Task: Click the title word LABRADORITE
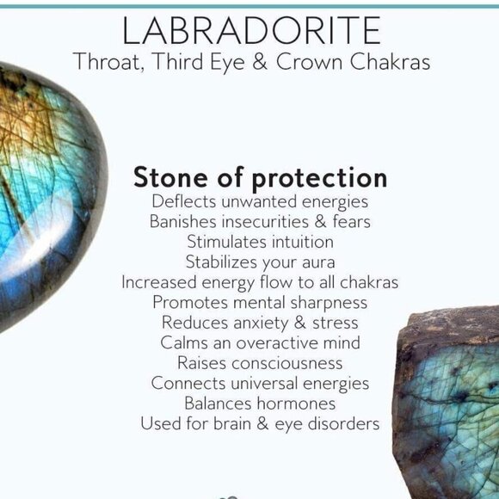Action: (251, 30)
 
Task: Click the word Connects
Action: (188, 383)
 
